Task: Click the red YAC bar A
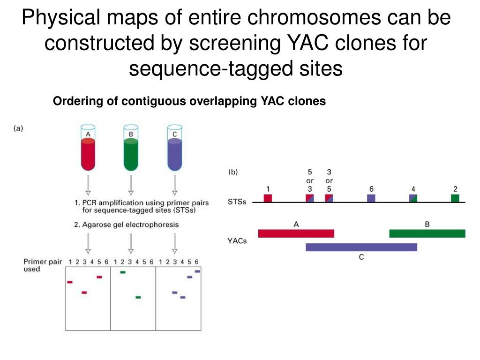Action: pyautogui.click(x=296, y=233)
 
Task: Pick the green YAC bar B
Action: pyautogui.click(x=427, y=233)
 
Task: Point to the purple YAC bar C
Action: pyautogui.click(x=361, y=247)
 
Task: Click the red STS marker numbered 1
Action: pyautogui.click(x=268, y=198)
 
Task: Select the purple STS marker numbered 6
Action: pyautogui.click(x=371, y=198)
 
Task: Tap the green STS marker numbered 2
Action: pyautogui.click(x=455, y=198)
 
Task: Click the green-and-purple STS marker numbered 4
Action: pyautogui.click(x=413, y=198)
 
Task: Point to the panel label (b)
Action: pyautogui.click(x=233, y=172)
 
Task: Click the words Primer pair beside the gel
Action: pyautogui.click(x=43, y=262)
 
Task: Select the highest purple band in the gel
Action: pyautogui.click(x=197, y=271)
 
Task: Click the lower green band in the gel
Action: pyautogui.click(x=138, y=297)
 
